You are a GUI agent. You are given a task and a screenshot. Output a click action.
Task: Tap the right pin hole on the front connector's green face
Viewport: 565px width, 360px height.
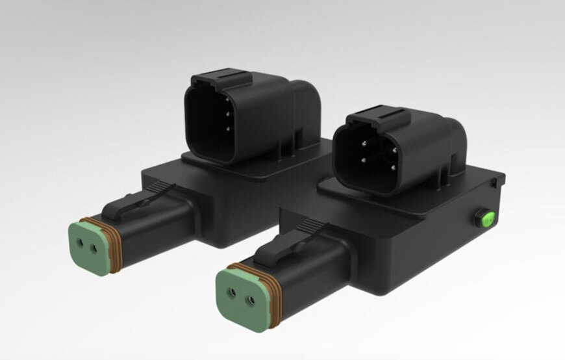(249, 300)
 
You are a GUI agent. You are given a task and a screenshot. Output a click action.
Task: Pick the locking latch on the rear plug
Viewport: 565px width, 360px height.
(140, 201)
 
